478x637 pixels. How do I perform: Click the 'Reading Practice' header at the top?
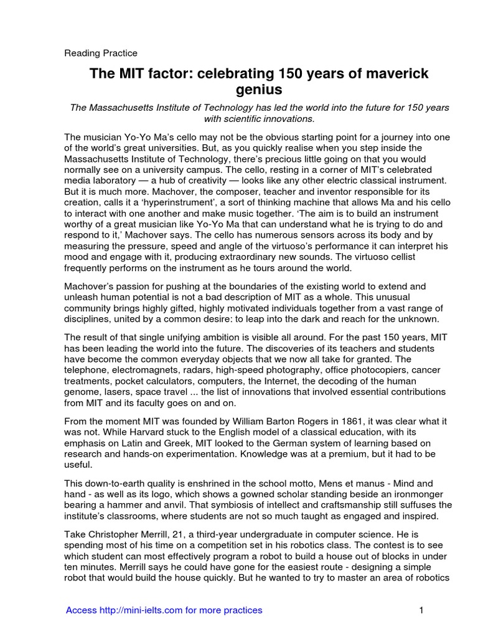[x=101, y=53]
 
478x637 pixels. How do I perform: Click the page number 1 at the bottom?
[x=421, y=610]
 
